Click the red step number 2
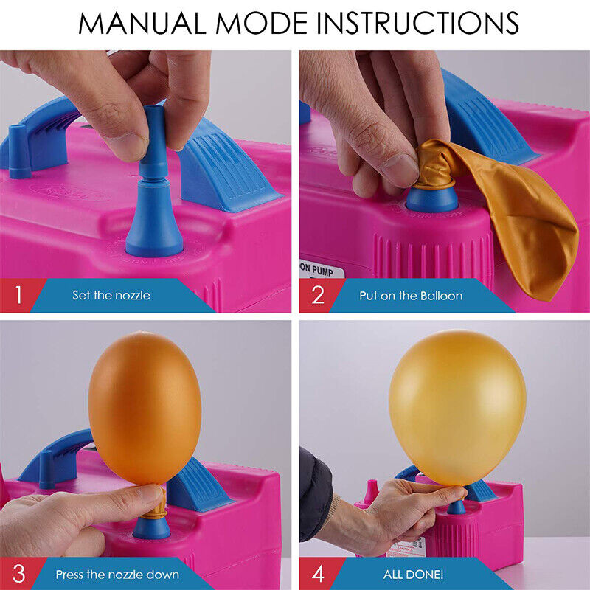coord(318,296)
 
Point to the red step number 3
coord(18,573)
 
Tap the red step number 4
coord(318,573)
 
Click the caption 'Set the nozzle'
coord(111,296)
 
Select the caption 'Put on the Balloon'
coord(411,296)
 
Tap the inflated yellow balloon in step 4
coord(457,406)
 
